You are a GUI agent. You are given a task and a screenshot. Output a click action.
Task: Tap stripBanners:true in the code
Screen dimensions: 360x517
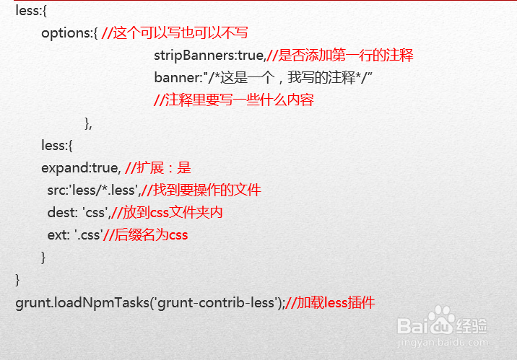click(x=209, y=56)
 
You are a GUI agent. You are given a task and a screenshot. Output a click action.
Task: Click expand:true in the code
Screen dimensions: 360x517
click(x=79, y=167)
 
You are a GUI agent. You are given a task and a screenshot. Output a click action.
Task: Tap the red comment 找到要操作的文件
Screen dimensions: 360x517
click(x=204, y=190)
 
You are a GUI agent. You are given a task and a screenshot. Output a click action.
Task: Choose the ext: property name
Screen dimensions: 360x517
click(x=58, y=234)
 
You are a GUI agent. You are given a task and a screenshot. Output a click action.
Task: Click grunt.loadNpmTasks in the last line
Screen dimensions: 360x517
click(x=79, y=302)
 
